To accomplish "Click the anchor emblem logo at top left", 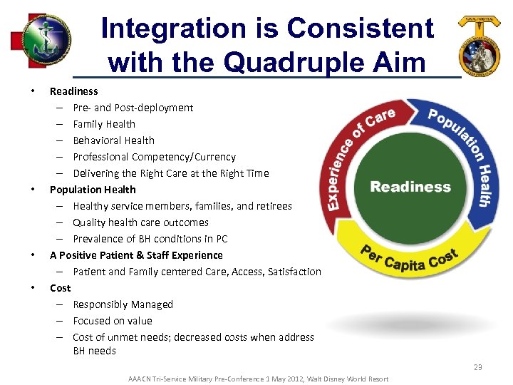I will tap(44, 40).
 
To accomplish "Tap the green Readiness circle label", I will tap(410, 187).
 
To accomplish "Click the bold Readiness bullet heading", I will tap(73, 91).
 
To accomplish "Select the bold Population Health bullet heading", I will tap(93, 190).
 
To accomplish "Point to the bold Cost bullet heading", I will tap(60, 288).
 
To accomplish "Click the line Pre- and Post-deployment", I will tap(133, 108).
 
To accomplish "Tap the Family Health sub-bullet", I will tap(104, 124).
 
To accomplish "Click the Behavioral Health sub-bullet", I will tap(113, 140).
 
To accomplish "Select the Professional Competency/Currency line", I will tap(154, 157).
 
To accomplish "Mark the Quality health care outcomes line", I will tap(140, 222).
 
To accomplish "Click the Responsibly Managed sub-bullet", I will tap(123, 304).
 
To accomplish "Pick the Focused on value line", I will tap(113, 321).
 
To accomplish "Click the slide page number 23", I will tap(477, 366).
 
